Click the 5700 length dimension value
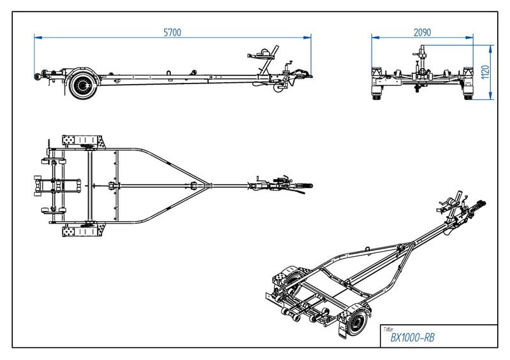coord(172,32)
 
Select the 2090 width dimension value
coord(423,32)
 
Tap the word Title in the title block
coord(388,329)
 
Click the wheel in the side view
coord(82,84)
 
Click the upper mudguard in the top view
coord(82,141)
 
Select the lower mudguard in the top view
coord(82,229)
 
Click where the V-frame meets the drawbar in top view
coord(204,185)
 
